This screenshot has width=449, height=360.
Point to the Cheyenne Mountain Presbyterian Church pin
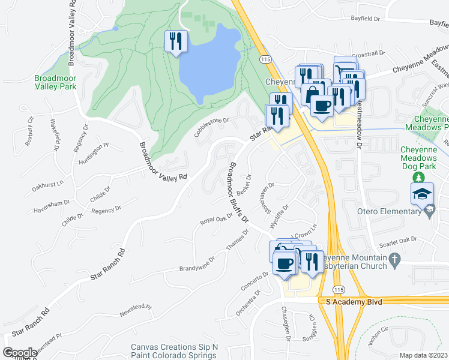click(x=394, y=259)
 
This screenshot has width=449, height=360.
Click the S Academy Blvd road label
click(x=352, y=302)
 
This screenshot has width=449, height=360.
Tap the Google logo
click(x=20, y=353)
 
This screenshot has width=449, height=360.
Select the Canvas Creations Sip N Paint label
click(x=173, y=351)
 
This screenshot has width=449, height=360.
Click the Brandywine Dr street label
click(x=197, y=265)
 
